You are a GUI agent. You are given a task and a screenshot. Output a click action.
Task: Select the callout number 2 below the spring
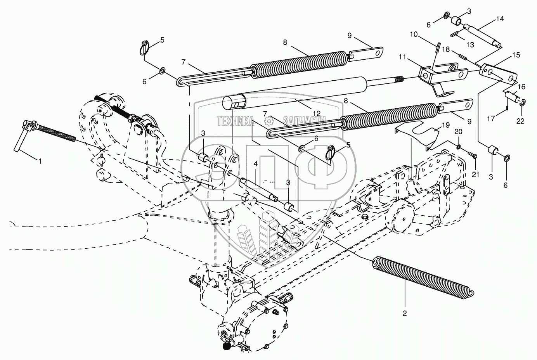point(405,313)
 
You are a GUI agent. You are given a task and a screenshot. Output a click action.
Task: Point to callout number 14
point(500,19)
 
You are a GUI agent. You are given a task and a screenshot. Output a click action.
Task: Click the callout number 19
point(445,126)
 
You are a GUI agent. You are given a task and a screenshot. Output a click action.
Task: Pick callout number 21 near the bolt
point(476,175)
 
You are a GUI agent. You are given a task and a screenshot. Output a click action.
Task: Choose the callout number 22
point(520,121)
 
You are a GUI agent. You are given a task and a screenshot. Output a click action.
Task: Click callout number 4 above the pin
point(255,164)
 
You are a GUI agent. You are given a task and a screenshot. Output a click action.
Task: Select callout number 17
point(491,119)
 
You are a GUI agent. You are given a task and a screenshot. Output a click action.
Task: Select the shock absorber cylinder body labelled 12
point(295,93)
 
